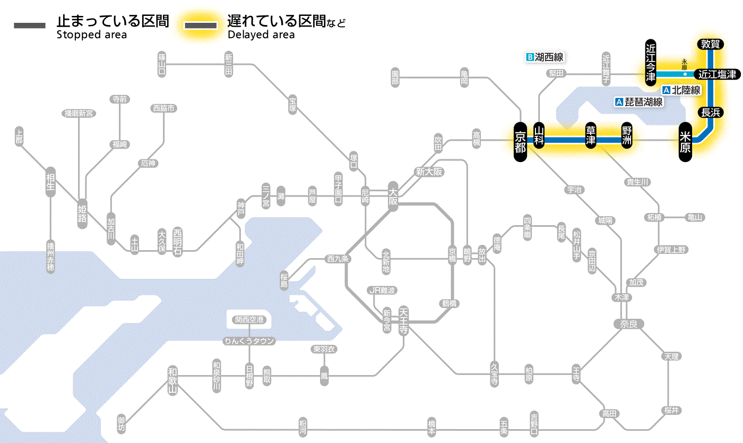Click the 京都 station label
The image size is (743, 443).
[520, 141]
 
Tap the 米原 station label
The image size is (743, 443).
[686, 141]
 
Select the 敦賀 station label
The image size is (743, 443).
[710, 44]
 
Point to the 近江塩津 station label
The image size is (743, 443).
[717, 74]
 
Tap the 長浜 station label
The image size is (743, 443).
[710, 112]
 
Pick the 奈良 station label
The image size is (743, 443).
[628, 323]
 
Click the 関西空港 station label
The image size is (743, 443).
[249, 320]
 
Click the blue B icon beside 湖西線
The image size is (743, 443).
[529, 57]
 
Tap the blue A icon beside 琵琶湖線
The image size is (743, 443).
[618, 102]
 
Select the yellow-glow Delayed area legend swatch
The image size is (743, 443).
[201, 26]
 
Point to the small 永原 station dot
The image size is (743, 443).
[685, 74]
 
